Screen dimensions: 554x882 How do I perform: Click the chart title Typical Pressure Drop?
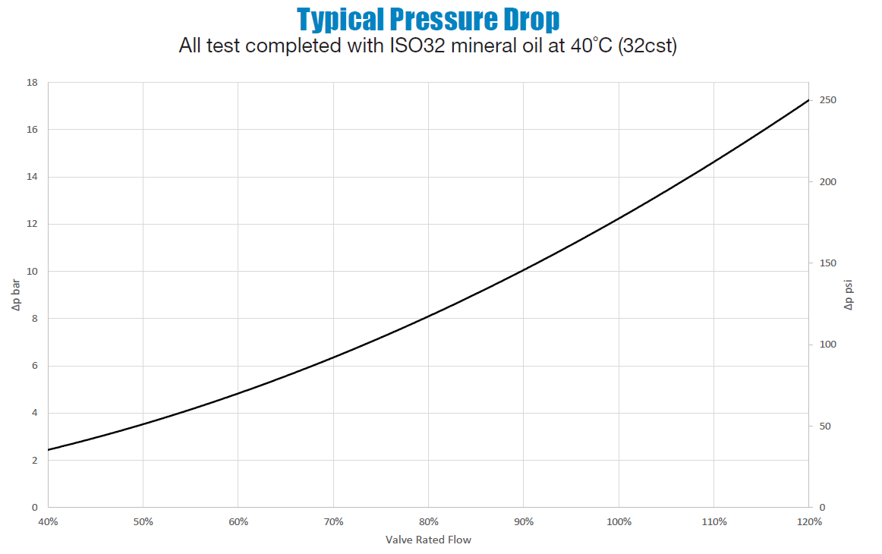click(x=428, y=18)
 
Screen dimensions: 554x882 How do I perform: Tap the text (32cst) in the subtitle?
click(x=647, y=46)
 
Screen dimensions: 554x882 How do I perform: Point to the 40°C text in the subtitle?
click(x=591, y=46)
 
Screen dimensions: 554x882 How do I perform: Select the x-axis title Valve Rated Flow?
click(x=428, y=540)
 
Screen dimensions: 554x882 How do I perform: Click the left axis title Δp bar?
click(x=16, y=295)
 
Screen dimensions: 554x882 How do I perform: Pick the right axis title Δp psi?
click(x=849, y=295)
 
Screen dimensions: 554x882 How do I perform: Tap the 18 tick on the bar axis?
click(x=33, y=82)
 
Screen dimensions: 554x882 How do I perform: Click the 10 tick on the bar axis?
click(x=33, y=271)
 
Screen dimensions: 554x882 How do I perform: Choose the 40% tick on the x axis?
click(x=48, y=521)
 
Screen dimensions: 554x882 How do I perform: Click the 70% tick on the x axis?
click(x=333, y=521)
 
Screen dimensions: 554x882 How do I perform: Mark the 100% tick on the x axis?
click(x=619, y=521)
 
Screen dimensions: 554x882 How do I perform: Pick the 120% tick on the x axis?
click(x=809, y=521)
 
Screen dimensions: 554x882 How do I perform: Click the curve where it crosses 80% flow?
click(x=429, y=316)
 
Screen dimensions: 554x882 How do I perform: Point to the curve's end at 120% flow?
click(x=809, y=100)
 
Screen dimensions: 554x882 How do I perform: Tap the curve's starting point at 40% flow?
click(x=49, y=450)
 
